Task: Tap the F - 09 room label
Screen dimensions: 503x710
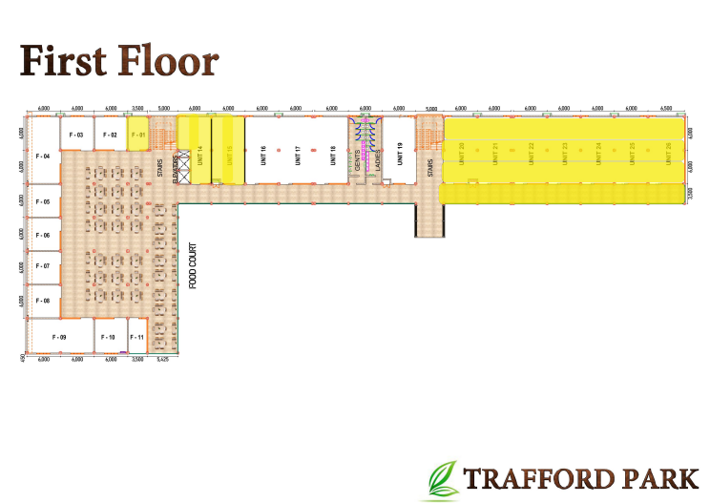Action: coord(59,338)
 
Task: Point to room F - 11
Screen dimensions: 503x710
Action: coord(137,338)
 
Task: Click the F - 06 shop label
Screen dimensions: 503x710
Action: coord(43,235)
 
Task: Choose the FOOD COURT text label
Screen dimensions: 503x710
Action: coord(192,265)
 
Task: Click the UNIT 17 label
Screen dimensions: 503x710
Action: coord(298,155)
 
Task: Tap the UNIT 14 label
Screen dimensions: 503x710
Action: coord(199,153)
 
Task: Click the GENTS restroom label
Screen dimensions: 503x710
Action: coord(357,161)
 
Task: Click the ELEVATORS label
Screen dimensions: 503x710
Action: coord(176,169)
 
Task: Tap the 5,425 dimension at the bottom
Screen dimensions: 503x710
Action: coord(162,360)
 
